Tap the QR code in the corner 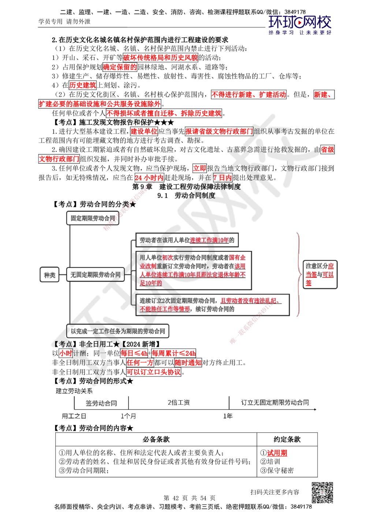pyautogui.click(x=322, y=492)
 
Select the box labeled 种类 pyautogui.click(x=49, y=275)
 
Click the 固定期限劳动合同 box pyautogui.click(x=93, y=218)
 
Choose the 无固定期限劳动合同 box pyautogui.click(x=95, y=274)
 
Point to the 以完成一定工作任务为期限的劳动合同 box pyautogui.click(x=118, y=331)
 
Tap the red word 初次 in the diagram pyautogui.click(x=168, y=257)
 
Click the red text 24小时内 pyautogui.click(x=149, y=178)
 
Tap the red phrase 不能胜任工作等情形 pyautogui.click(x=165, y=309)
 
